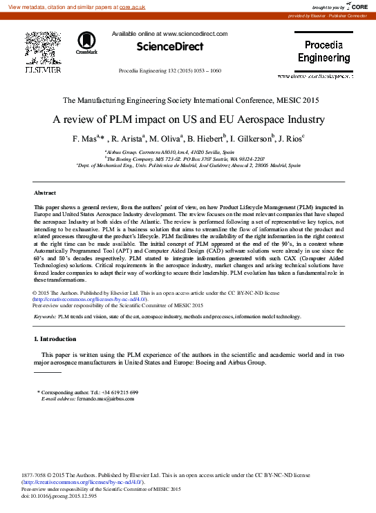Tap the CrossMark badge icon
click(87, 43)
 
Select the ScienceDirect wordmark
click(169, 47)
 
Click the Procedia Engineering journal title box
click(324, 52)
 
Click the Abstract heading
click(45, 193)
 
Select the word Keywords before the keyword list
click(45, 316)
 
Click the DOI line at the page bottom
click(59, 496)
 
